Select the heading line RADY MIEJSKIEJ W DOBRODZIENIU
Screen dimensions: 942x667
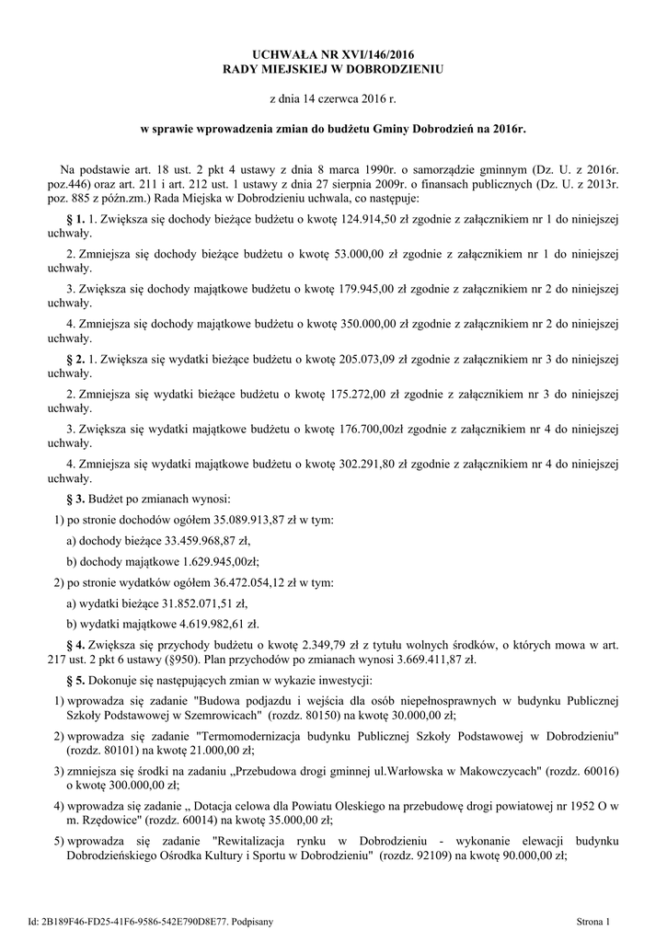tap(333, 70)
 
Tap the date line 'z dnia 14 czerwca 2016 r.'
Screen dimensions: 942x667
tap(332, 97)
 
